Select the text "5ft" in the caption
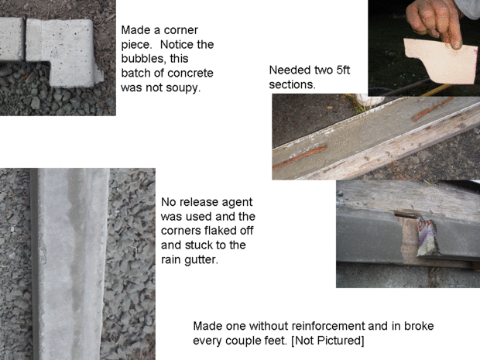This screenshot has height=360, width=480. pyautogui.click(x=343, y=70)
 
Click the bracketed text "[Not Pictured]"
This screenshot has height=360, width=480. pyautogui.click(x=327, y=341)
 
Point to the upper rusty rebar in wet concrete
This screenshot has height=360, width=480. pyautogui.click(x=432, y=109)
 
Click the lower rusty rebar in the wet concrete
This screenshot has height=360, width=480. pyautogui.click(x=300, y=157)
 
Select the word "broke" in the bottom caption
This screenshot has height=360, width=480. pyautogui.click(x=419, y=326)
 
